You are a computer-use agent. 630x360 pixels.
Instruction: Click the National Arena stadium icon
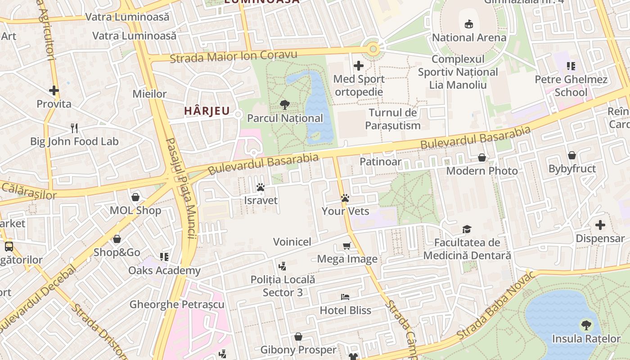469,23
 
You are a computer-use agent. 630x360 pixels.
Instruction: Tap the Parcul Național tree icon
284,105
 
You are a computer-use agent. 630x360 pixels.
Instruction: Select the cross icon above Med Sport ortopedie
359,66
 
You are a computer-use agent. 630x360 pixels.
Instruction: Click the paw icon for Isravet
261,187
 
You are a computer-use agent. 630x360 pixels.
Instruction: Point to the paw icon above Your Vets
345,198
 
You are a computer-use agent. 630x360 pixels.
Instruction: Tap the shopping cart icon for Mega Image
347,246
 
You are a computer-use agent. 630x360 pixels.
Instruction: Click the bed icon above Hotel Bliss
345,297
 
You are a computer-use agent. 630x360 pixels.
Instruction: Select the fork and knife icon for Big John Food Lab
74,128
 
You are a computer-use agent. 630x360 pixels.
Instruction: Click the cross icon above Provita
54,90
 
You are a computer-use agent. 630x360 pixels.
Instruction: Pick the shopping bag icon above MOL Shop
135,197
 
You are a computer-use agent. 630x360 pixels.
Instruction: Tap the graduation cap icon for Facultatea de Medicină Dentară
467,229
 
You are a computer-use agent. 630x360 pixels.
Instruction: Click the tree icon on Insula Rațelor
586,325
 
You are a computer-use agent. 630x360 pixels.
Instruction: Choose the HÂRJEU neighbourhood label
207,111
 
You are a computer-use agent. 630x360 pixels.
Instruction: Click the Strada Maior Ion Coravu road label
234,57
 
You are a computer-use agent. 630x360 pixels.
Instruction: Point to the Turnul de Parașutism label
393,119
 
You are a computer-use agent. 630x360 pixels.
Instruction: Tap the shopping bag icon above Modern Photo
482,157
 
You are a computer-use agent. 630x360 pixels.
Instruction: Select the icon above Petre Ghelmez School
571,67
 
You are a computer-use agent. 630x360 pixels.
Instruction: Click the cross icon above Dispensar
600,225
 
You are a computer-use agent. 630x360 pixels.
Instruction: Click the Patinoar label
380,162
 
